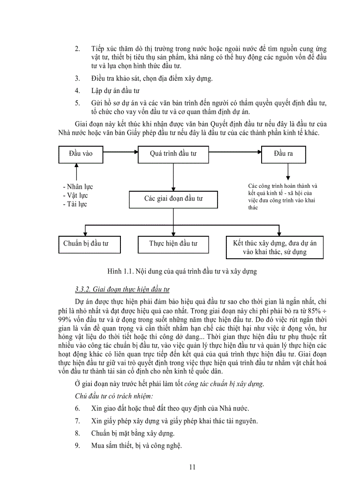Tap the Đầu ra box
point(283,154)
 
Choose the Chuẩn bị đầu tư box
point(85,244)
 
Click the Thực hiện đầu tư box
point(173,244)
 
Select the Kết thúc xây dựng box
point(275,248)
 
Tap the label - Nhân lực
point(78,187)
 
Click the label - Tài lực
point(75,204)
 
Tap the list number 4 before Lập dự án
point(77,91)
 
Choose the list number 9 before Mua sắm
point(77,445)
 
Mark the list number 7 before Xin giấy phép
point(77,421)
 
